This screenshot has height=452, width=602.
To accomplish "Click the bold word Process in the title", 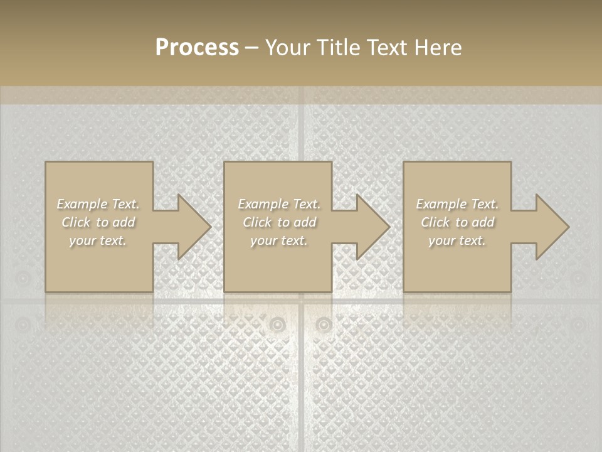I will [x=197, y=48].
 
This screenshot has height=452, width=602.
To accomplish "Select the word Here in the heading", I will [x=438, y=48].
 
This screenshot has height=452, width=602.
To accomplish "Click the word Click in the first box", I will [x=75, y=222].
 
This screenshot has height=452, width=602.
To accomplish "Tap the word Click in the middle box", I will [x=256, y=222].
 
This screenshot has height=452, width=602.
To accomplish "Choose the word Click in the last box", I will [x=435, y=222].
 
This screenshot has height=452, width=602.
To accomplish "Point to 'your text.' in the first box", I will [x=98, y=240].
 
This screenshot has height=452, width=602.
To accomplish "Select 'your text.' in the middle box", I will [x=278, y=240].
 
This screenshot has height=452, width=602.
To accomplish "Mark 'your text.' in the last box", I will [x=457, y=240].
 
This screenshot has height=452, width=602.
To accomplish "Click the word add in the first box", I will [x=124, y=222].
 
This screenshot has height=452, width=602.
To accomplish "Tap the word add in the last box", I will [x=483, y=222].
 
